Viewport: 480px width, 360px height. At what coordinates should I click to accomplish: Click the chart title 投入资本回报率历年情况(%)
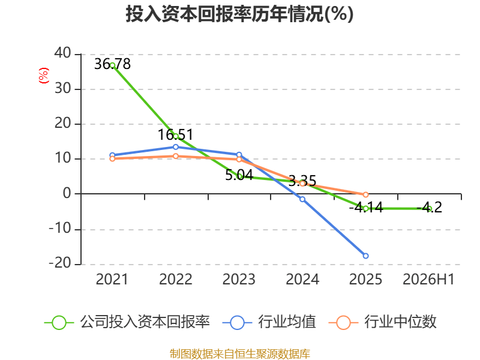[239, 14]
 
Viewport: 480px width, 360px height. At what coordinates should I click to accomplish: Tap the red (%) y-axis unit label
[43, 76]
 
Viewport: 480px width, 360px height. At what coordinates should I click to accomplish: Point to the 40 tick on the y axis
[63, 53]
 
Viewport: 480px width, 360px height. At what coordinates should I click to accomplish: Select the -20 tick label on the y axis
[60, 263]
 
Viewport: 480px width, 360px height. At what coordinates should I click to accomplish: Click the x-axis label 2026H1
[428, 279]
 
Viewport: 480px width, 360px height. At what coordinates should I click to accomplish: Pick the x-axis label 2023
[239, 279]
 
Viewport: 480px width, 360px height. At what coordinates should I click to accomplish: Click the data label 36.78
[112, 64]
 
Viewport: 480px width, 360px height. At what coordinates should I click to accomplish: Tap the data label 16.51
[175, 134]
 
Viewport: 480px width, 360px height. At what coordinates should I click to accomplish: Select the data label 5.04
[239, 175]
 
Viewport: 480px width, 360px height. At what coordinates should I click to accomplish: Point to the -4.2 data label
[429, 208]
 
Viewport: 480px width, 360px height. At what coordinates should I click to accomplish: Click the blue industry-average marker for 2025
[365, 256]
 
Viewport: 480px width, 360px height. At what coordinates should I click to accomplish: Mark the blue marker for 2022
[176, 147]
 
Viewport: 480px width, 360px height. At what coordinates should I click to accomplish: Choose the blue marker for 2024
[302, 199]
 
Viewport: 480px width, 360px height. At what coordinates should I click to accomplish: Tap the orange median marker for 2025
[365, 194]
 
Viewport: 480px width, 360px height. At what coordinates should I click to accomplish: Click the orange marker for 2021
[112, 158]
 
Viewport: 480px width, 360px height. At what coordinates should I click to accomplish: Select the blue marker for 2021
[112, 155]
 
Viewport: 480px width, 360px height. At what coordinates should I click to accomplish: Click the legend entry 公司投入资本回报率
[127, 322]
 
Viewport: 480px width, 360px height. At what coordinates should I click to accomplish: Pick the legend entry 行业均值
[269, 322]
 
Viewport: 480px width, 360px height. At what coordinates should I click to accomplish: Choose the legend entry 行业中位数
[383, 322]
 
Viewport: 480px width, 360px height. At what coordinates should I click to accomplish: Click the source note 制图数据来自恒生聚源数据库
[240, 354]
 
